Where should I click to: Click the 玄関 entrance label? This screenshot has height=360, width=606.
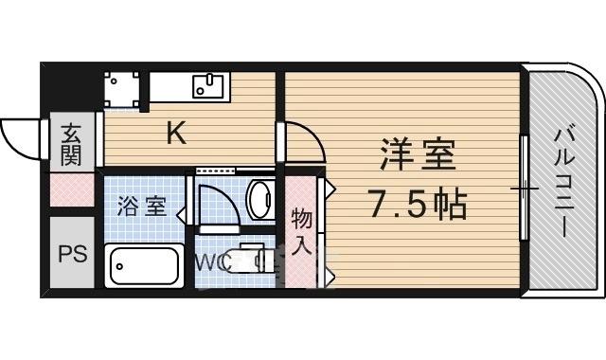pyautogui.click(x=72, y=144)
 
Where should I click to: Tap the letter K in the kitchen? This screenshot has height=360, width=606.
pyautogui.click(x=176, y=135)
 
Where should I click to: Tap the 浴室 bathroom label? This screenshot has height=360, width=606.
pyautogui.click(x=142, y=207)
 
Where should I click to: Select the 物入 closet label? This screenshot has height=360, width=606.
pyautogui.click(x=301, y=231)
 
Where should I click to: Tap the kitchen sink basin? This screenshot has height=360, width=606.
pyautogui.click(x=208, y=86)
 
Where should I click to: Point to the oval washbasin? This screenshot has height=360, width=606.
pyautogui.click(x=258, y=200)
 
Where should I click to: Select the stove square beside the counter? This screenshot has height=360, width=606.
pyautogui.click(x=122, y=88)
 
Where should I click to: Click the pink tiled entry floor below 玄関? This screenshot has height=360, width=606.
pyautogui.click(x=72, y=192)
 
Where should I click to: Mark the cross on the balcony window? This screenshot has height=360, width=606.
pyautogui.click(x=524, y=189)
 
